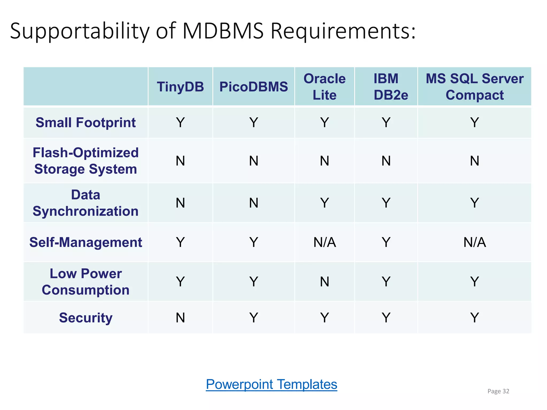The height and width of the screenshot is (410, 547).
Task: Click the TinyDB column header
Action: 180,87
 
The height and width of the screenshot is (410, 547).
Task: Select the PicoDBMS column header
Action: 253,87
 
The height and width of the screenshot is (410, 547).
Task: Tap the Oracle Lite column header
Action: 325,87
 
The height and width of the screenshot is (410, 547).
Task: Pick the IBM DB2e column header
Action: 386,87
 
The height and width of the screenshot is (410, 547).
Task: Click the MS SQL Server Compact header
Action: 474,87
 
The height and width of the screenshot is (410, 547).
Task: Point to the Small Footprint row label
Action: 85,123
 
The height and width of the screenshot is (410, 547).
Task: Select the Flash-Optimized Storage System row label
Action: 85,161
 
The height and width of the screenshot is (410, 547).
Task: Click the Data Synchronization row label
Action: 85,203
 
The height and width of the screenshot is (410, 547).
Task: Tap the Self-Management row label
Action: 85,242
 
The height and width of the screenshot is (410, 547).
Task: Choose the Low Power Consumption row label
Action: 85,282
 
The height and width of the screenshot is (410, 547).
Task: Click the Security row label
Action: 85,318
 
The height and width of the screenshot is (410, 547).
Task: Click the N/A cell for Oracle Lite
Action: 325,242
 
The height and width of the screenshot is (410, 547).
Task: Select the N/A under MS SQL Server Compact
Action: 474,242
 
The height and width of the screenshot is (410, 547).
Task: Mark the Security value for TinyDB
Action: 180,318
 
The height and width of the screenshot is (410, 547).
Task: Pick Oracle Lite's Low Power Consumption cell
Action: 325,282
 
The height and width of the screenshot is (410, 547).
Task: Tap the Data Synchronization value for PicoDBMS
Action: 253,203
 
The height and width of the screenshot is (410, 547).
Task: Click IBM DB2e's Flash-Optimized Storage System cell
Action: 386,161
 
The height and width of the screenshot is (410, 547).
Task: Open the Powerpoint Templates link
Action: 271,384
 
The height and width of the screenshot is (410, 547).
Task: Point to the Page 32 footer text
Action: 498,391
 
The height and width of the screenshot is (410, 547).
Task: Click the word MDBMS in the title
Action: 223,31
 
